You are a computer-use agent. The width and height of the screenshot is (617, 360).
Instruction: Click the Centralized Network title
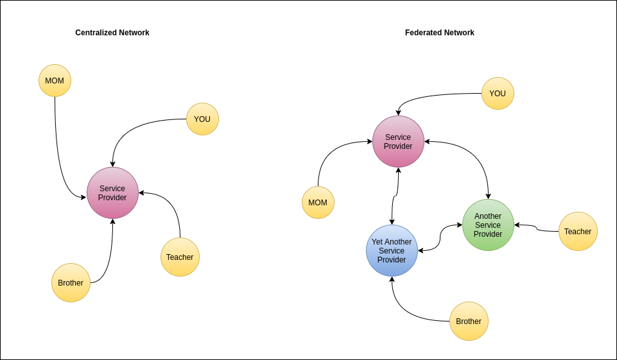[x=112, y=33]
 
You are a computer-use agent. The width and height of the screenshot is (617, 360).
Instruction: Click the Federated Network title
[x=439, y=33]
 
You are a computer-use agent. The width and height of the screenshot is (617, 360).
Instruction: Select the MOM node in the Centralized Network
[x=55, y=80]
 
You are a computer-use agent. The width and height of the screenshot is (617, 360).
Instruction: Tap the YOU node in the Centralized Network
[x=202, y=119]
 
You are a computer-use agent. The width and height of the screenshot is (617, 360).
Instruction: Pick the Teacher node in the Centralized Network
[x=180, y=257]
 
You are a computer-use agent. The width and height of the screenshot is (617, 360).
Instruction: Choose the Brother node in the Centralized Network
[x=71, y=282]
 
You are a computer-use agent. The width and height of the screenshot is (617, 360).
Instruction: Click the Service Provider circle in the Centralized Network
[x=112, y=193]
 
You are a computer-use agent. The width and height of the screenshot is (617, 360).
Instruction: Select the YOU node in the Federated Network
[x=498, y=93]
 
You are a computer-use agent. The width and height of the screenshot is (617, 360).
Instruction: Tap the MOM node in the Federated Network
[x=318, y=202]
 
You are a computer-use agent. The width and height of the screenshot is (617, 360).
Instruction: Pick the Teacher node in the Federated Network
[x=578, y=231]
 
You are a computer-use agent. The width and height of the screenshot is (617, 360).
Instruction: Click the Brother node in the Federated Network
[x=469, y=321]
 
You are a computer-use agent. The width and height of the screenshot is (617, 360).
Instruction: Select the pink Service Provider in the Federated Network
[x=398, y=141]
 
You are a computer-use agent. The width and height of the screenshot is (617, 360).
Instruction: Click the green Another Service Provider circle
[x=488, y=225]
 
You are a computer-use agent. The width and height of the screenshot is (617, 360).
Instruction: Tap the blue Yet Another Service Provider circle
[x=392, y=250]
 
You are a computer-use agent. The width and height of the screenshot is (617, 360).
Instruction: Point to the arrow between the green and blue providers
[x=440, y=237]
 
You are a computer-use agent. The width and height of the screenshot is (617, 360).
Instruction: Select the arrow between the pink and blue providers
[x=396, y=196]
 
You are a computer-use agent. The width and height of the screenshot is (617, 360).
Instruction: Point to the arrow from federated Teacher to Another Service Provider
[x=537, y=228]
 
